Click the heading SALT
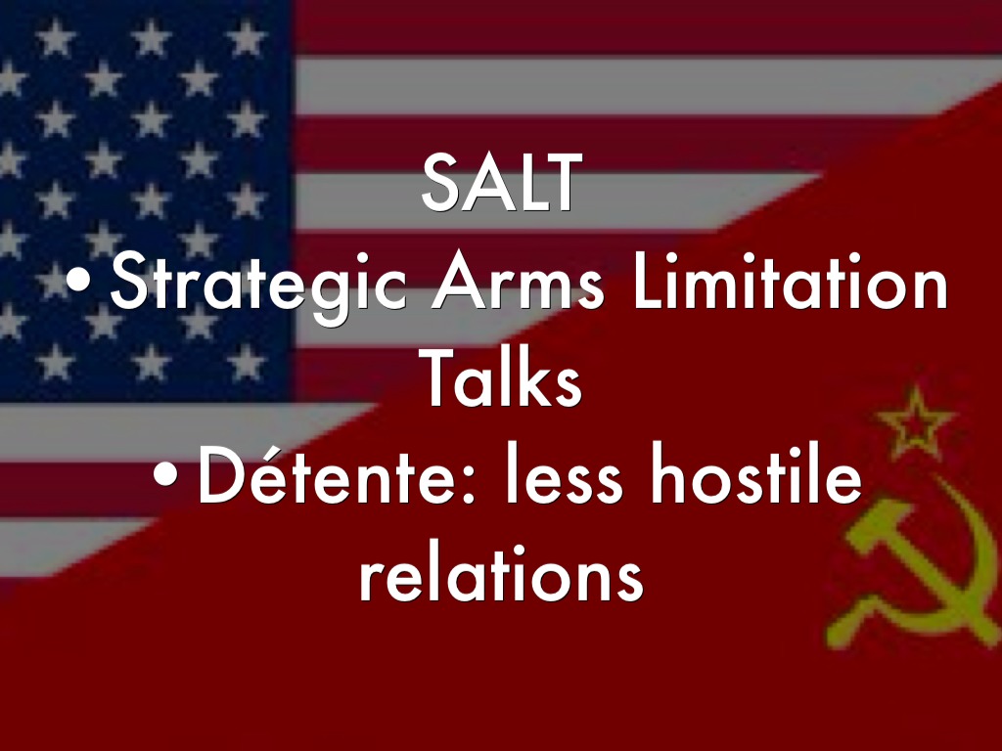pos(502,182)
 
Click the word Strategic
pos(258,286)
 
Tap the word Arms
pos(518,281)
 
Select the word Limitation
pos(790,281)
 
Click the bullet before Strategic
pos(78,281)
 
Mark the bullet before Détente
pos(165,474)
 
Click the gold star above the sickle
pos(916,421)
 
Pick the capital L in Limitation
pos(649,281)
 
